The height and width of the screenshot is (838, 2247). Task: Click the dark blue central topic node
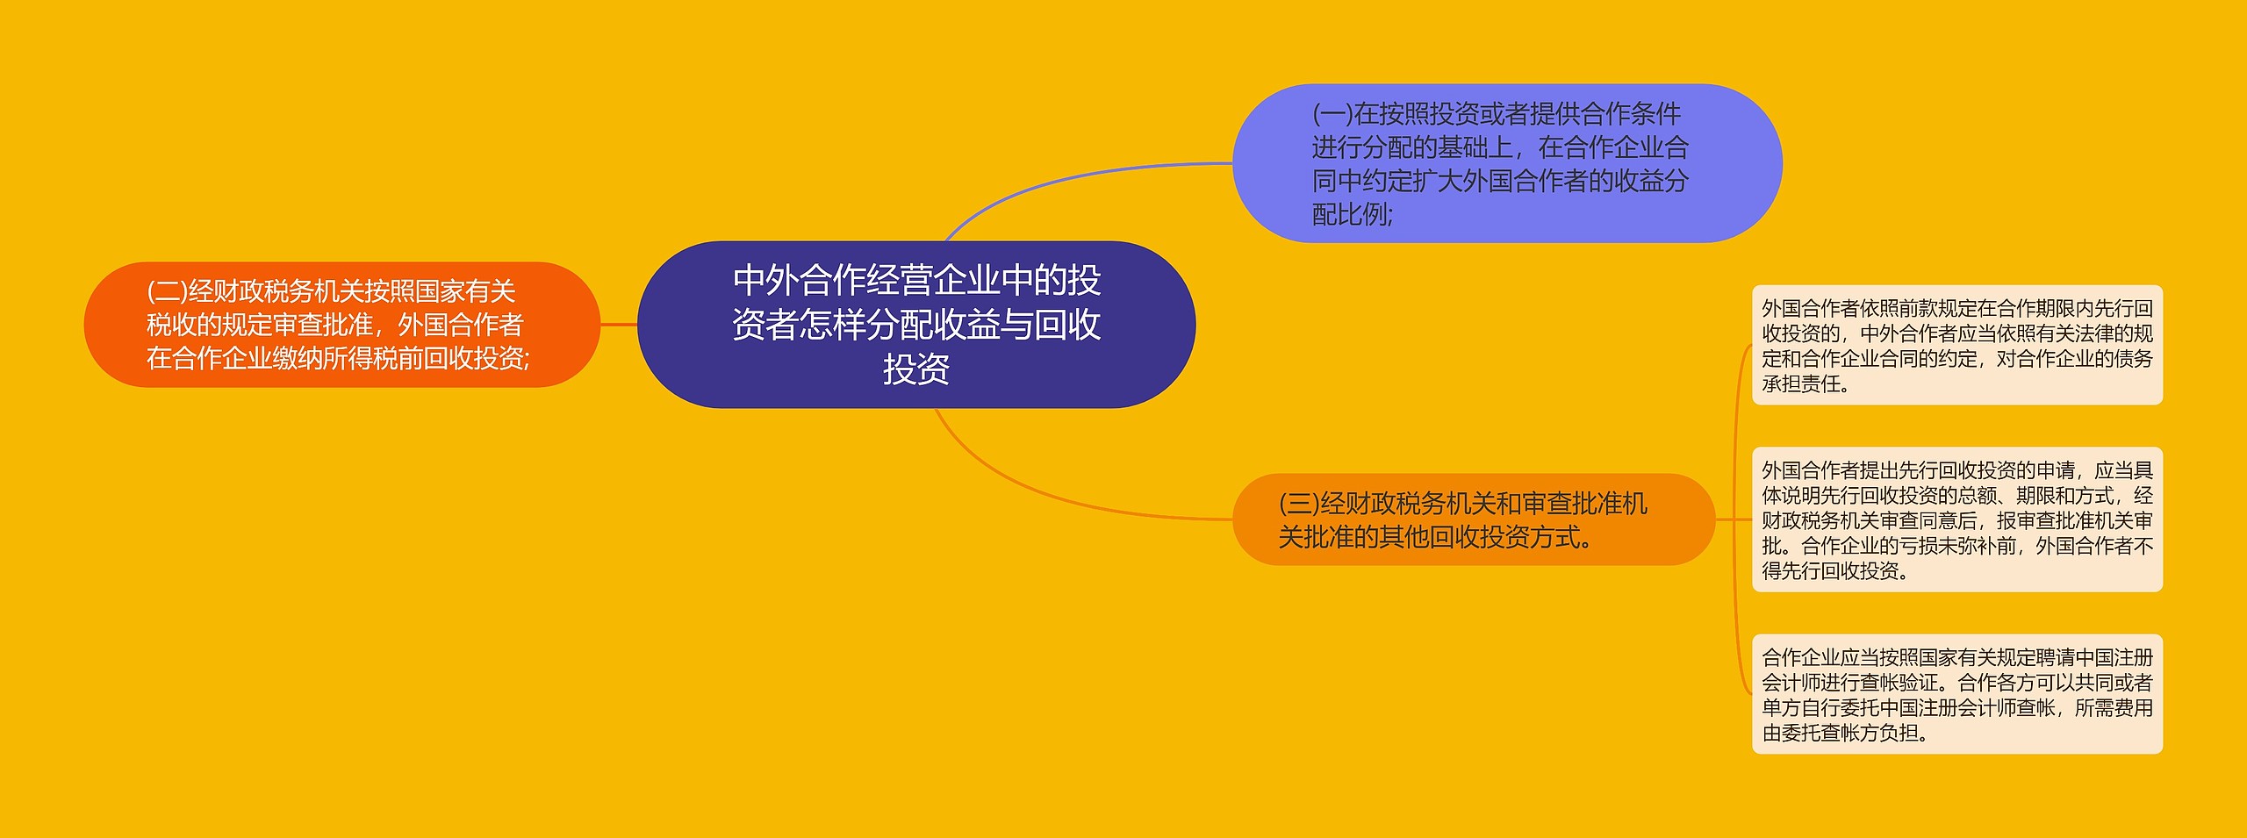point(915,324)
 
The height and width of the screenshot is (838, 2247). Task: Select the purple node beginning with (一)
point(1506,163)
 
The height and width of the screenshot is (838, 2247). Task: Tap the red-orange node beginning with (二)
point(341,324)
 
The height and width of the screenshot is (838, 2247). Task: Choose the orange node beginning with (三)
point(1473,519)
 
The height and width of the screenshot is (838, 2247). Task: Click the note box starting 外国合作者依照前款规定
point(1956,345)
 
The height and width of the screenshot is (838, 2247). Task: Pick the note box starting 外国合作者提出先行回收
point(1956,519)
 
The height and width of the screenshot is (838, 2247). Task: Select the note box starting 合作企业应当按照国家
point(1956,694)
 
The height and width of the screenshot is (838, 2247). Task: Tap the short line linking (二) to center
point(619,325)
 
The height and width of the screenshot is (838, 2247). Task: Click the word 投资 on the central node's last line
point(915,369)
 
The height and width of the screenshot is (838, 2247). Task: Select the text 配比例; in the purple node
point(1352,214)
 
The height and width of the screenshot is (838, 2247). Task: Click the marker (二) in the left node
point(167,291)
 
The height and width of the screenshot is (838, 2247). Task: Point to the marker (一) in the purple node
point(1332,114)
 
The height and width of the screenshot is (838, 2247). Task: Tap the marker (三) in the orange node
point(1298,504)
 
